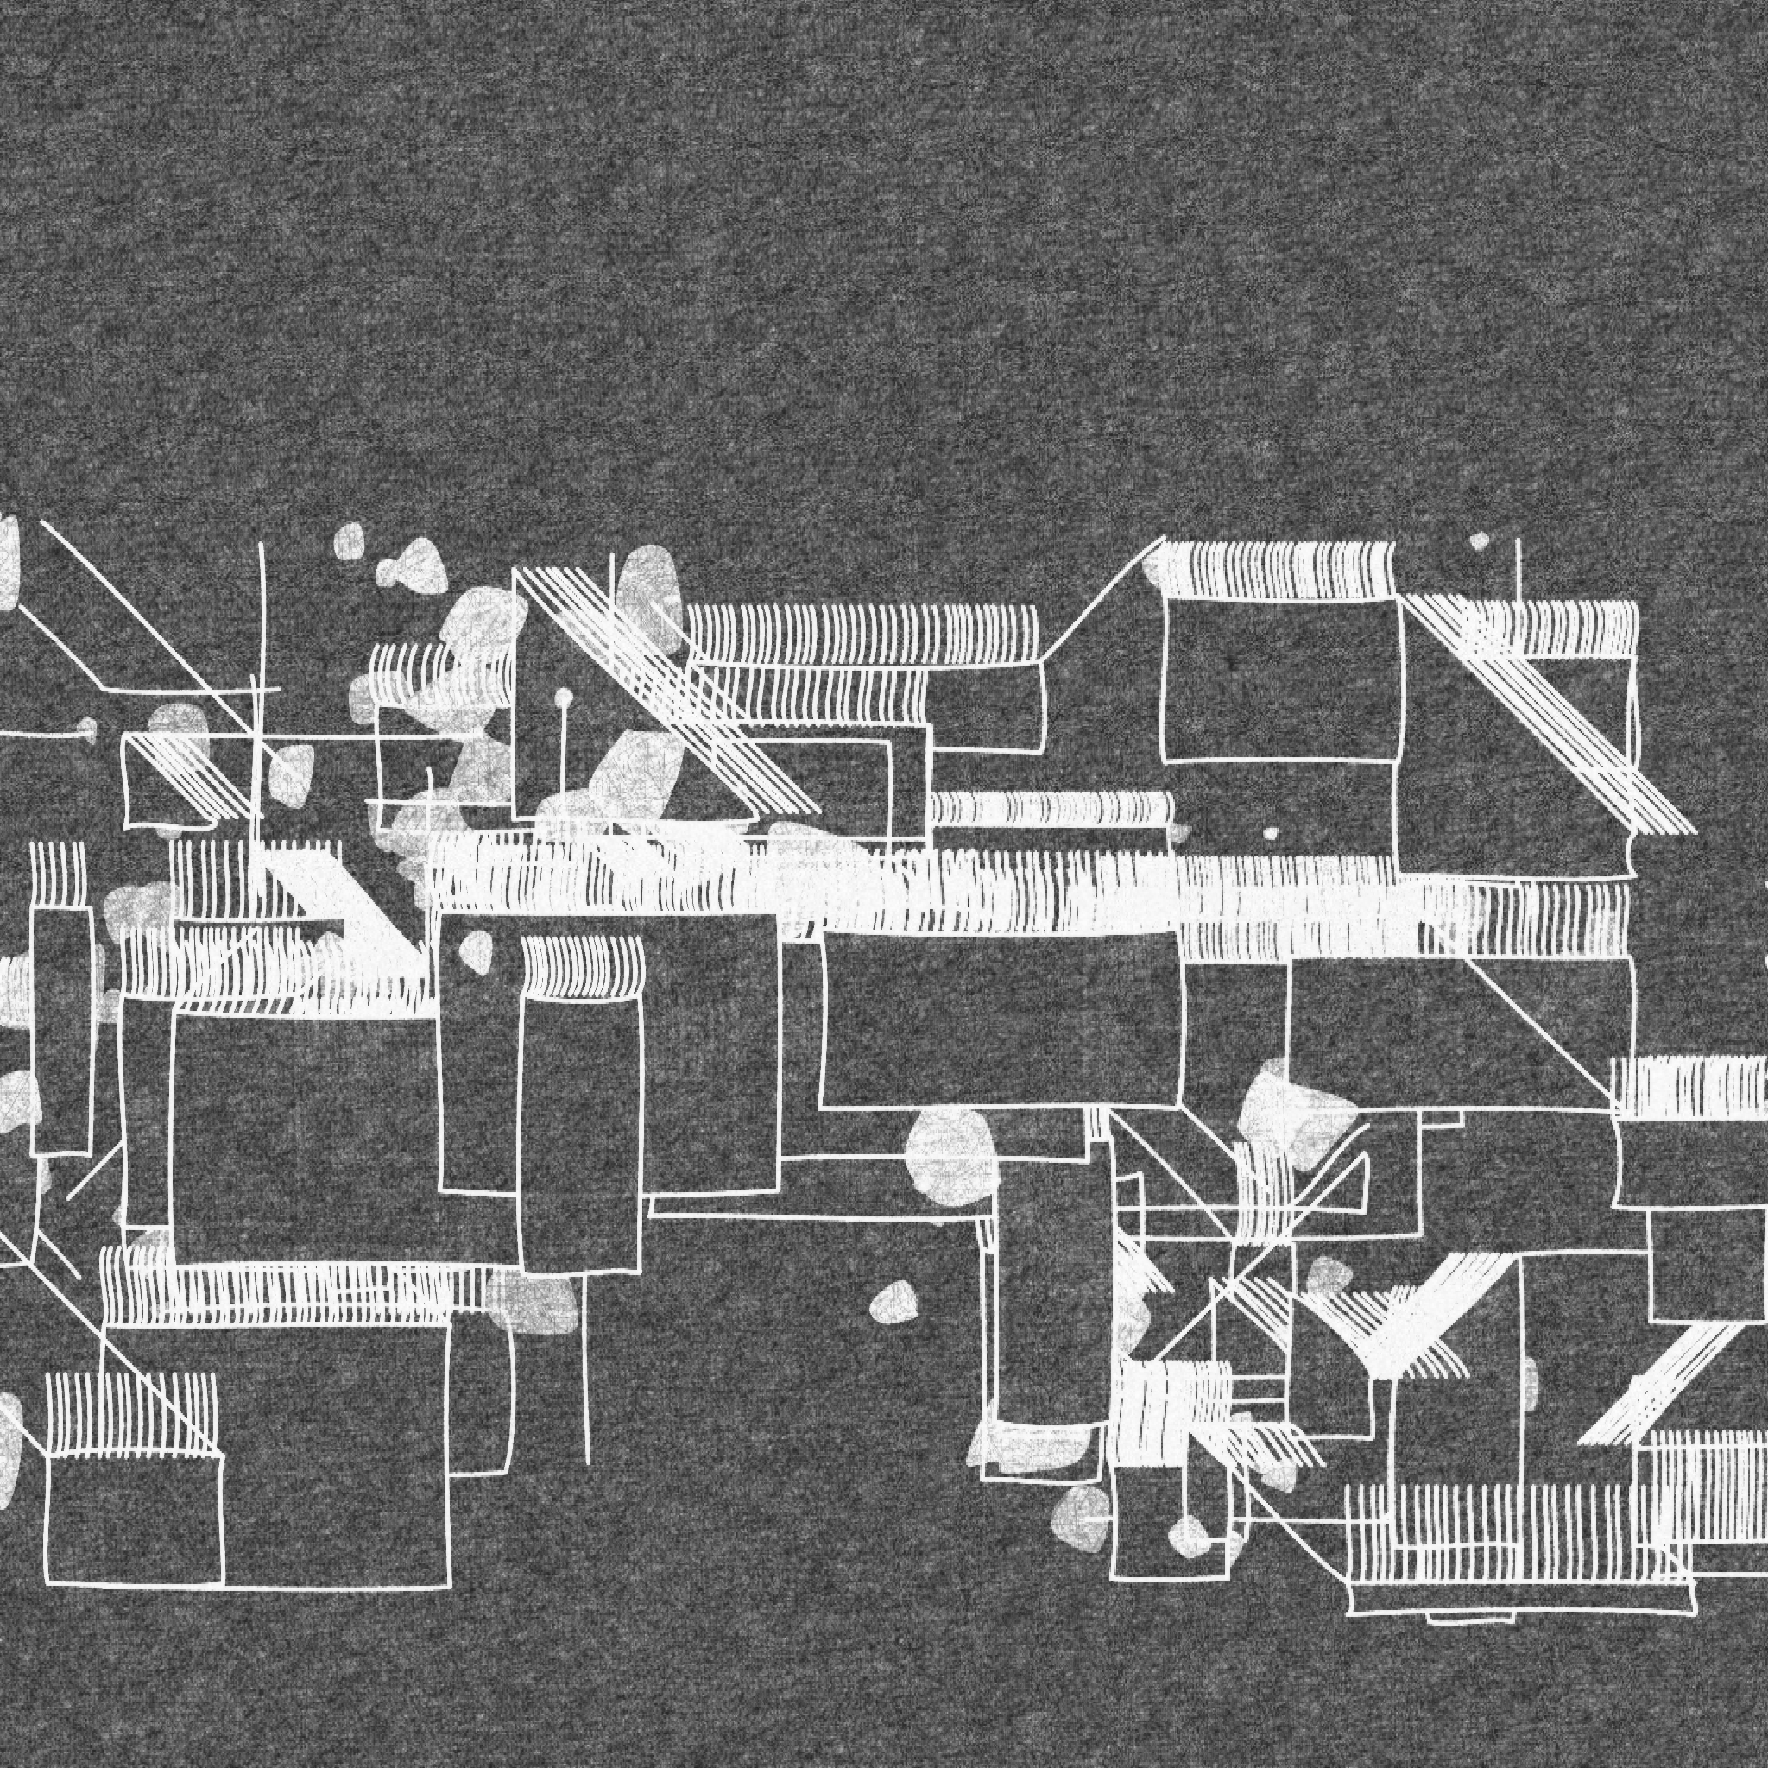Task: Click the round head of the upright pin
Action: click(x=564, y=699)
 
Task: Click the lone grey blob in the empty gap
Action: click(x=893, y=1301)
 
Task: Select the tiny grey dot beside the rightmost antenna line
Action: click(x=1480, y=542)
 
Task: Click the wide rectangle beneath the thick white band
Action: click(x=1000, y=1020)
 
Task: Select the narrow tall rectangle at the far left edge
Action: click(x=62, y=1030)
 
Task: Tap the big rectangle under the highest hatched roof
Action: click(x=1281, y=679)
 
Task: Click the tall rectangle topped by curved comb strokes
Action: click(x=580, y=1134)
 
